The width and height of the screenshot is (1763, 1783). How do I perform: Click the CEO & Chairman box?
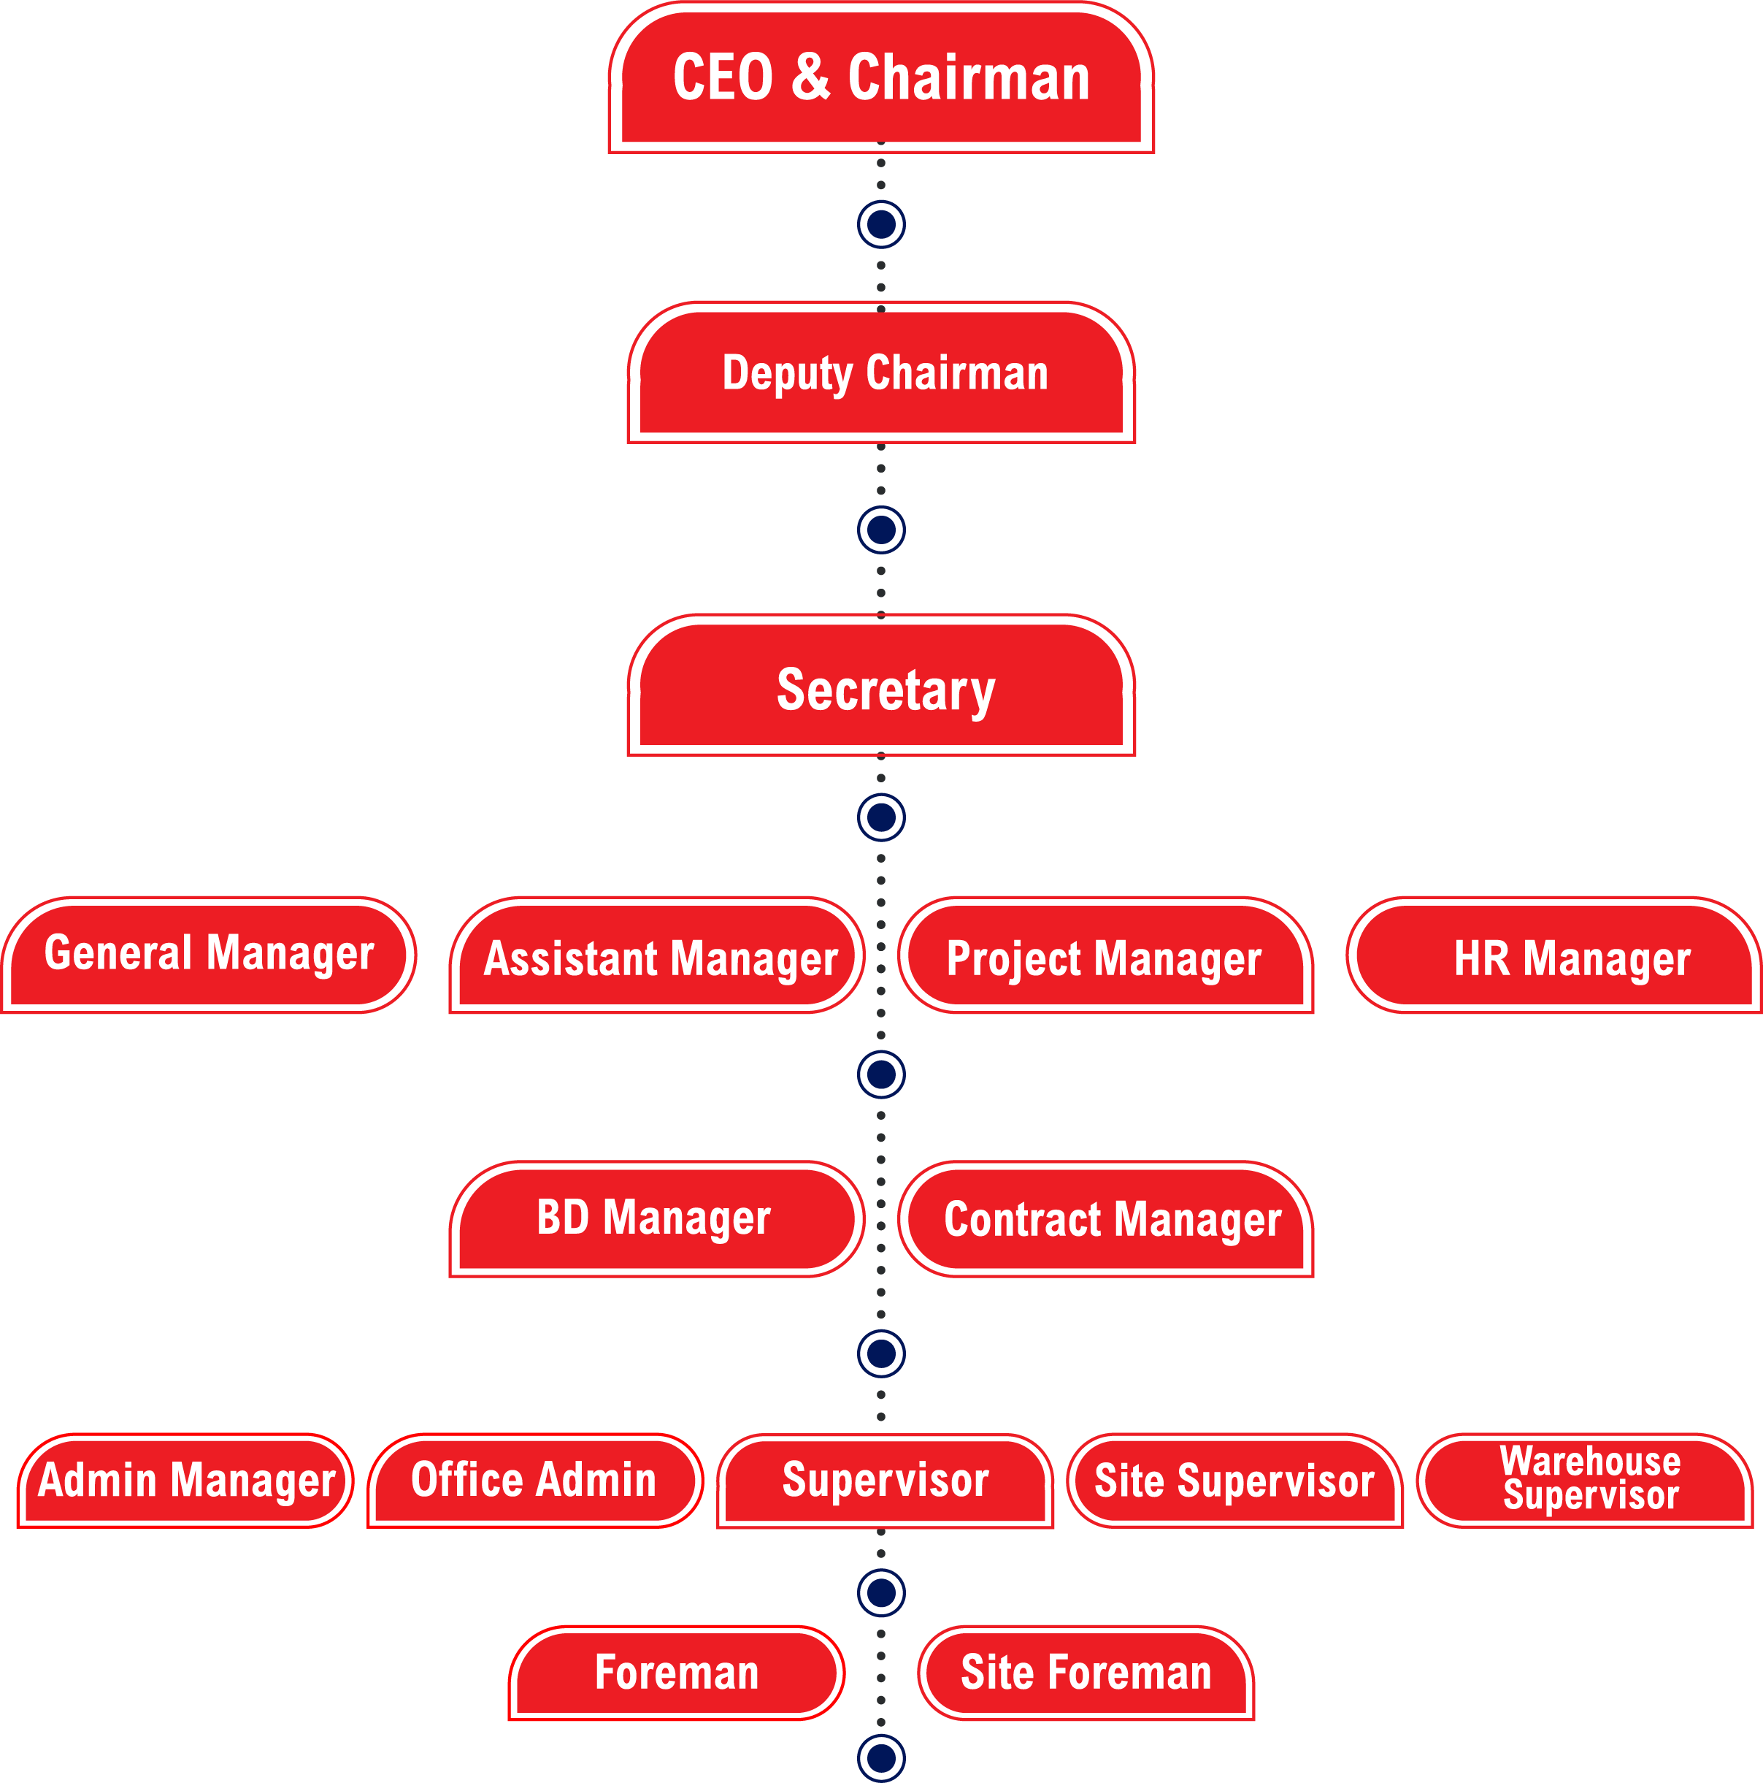coord(881,78)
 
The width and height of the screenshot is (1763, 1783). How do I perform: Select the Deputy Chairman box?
coord(881,374)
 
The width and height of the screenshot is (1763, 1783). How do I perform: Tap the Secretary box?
coord(881,687)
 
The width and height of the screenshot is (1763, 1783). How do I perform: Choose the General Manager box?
coord(210,954)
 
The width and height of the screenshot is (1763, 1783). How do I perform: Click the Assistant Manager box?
coord(658,958)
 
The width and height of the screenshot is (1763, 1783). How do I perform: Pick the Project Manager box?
coord(1105,958)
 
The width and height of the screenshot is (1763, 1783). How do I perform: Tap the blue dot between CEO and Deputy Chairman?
coord(881,224)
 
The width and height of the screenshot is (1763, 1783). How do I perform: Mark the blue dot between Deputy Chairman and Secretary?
coord(881,530)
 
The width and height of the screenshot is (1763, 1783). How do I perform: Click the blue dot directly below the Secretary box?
coord(881,817)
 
